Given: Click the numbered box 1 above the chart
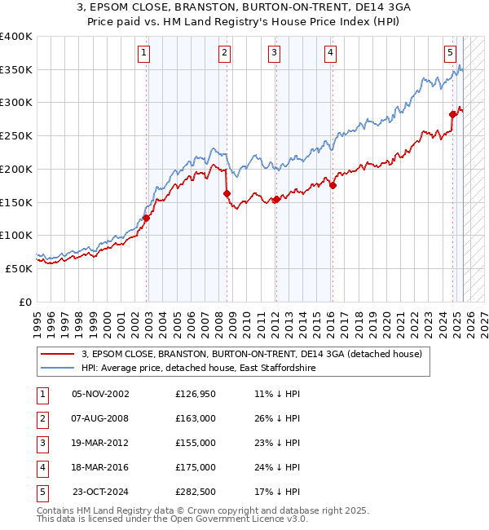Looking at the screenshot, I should tap(143, 54).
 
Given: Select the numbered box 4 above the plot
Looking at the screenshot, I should tap(330, 54).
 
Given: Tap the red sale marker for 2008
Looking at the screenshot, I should tap(227, 194).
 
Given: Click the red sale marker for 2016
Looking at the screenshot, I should tap(333, 186).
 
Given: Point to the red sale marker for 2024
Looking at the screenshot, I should tap(452, 115).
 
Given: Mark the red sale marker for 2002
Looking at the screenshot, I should tap(147, 218).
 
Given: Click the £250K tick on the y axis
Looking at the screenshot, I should tap(16, 135).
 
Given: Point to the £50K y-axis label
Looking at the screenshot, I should tap(20, 268).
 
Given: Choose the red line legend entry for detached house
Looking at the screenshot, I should tap(251, 354).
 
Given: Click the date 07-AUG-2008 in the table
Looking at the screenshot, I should tap(100, 418).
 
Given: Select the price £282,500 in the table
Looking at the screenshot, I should tap(196, 492).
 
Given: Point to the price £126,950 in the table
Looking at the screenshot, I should tap(196, 394).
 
